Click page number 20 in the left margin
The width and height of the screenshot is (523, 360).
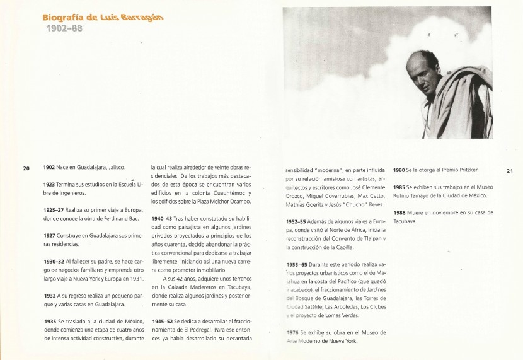point(26,168)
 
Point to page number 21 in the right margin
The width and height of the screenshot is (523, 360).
point(510,170)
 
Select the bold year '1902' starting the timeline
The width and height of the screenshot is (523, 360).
point(50,168)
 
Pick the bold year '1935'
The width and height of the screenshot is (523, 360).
point(50,321)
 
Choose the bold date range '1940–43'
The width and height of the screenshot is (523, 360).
point(162,218)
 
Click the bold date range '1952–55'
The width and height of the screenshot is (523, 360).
point(296,222)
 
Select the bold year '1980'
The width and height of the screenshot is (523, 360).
point(399,170)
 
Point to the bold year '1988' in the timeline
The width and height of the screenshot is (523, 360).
point(399,213)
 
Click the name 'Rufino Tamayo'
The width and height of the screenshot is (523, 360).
point(412,195)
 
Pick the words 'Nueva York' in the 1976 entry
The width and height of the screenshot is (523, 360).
point(343,341)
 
